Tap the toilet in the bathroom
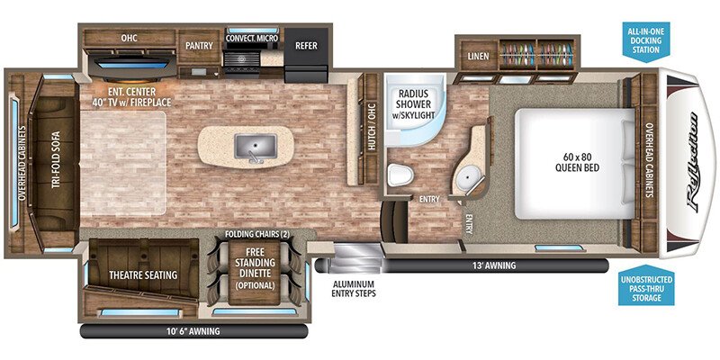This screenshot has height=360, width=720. click(398, 175)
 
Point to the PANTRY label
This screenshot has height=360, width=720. click(198, 44)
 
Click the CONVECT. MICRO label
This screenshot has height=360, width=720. click(250, 39)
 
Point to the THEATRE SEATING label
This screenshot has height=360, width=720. click(143, 274)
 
